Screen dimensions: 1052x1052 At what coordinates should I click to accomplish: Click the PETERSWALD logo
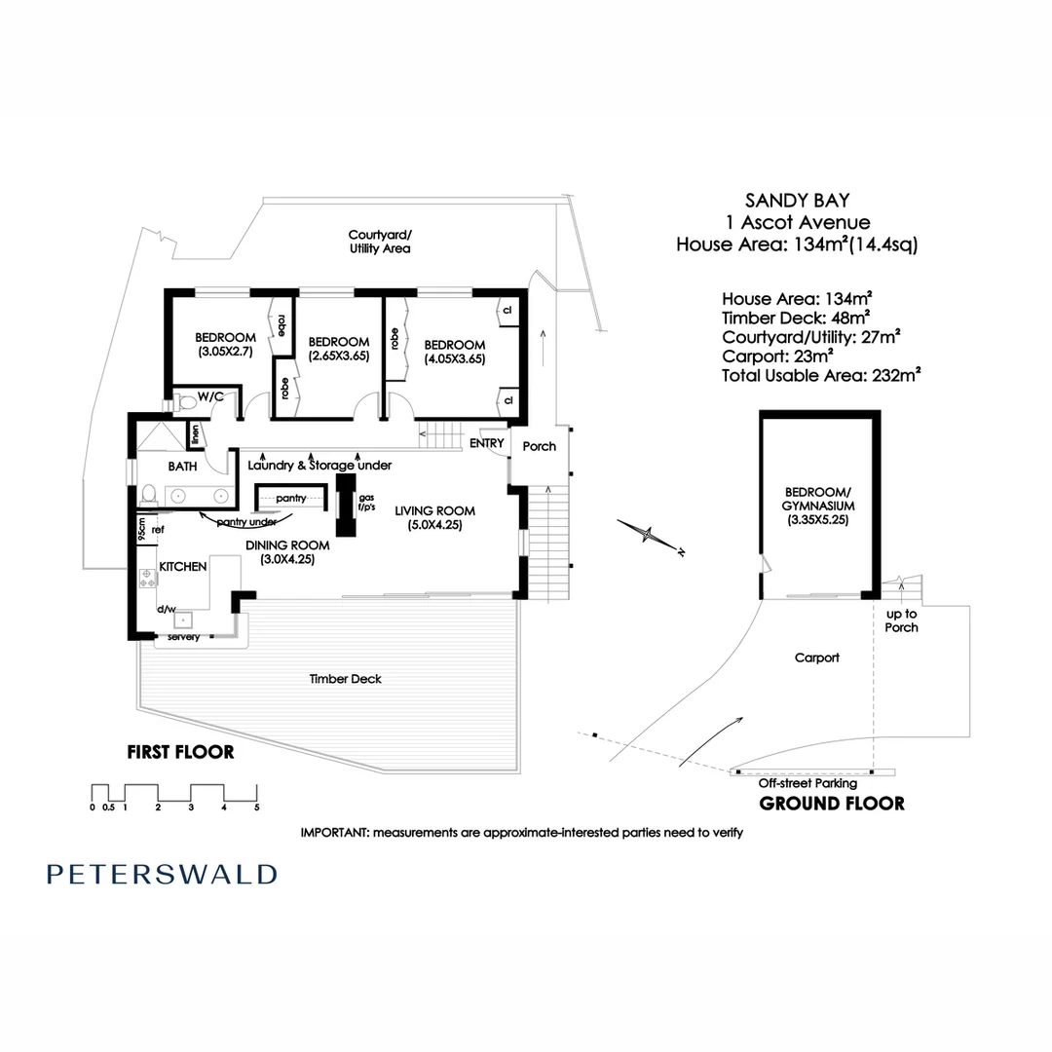click(162, 874)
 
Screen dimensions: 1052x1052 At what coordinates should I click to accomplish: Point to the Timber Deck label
click(346, 679)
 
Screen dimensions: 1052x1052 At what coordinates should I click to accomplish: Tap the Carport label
click(817, 657)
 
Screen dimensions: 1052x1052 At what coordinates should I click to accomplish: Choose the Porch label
click(540, 446)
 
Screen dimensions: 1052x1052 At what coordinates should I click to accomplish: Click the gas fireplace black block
click(346, 506)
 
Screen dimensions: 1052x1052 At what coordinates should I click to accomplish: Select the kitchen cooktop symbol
click(148, 579)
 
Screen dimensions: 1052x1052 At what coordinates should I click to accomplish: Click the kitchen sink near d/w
click(183, 620)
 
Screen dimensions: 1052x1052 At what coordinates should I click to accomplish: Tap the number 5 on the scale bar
click(257, 808)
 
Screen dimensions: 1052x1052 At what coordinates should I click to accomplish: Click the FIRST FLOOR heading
click(181, 752)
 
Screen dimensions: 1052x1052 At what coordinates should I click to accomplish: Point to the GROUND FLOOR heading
click(832, 804)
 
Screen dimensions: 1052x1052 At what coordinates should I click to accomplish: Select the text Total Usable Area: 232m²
click(821, 376)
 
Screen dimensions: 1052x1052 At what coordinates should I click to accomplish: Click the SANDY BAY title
click(797, 201)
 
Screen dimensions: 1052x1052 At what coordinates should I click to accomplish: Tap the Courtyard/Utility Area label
click(380, 242)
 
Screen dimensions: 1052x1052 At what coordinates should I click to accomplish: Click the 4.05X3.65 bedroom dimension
click(455, 358)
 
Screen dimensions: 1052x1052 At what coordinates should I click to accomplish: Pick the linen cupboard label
click(195, 434)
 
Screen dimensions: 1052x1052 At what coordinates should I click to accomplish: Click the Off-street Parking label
click(808, 783)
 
